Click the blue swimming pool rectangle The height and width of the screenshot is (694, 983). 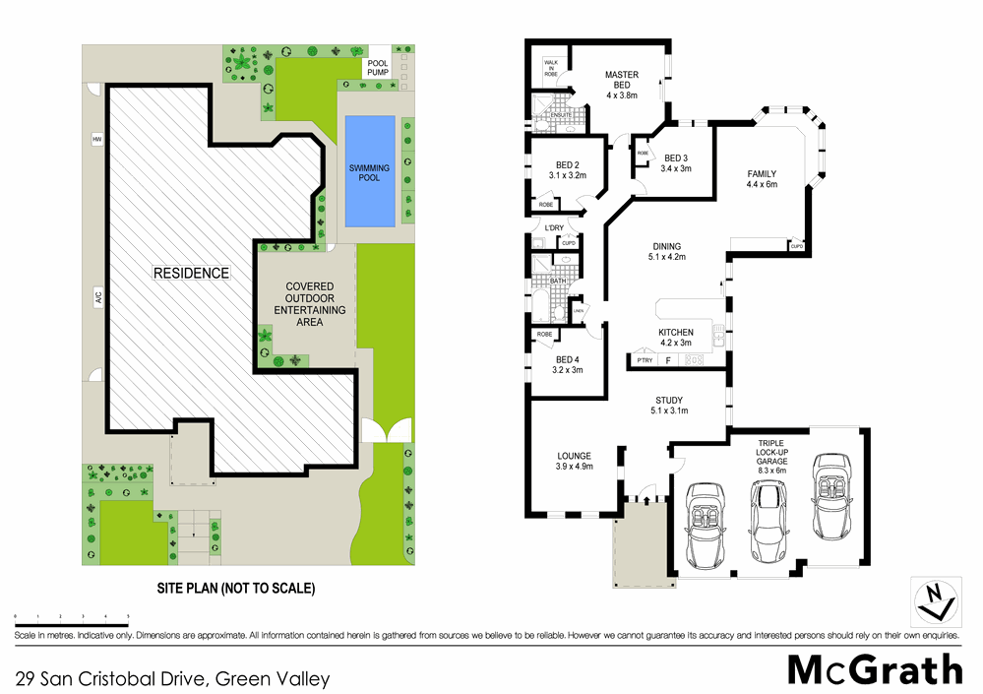point(369,168)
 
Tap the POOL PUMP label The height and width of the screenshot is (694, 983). point(378,66)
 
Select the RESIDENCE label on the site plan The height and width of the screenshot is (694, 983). point(191,273)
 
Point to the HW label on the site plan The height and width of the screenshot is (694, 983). point(97,140)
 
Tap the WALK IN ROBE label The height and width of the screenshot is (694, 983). point(550,66)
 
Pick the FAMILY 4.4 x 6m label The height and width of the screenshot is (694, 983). point(762,179)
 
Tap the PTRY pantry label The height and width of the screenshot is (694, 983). point(645,361)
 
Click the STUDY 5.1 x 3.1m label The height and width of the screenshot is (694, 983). point(669,405)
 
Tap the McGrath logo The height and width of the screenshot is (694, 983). point(875,669)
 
